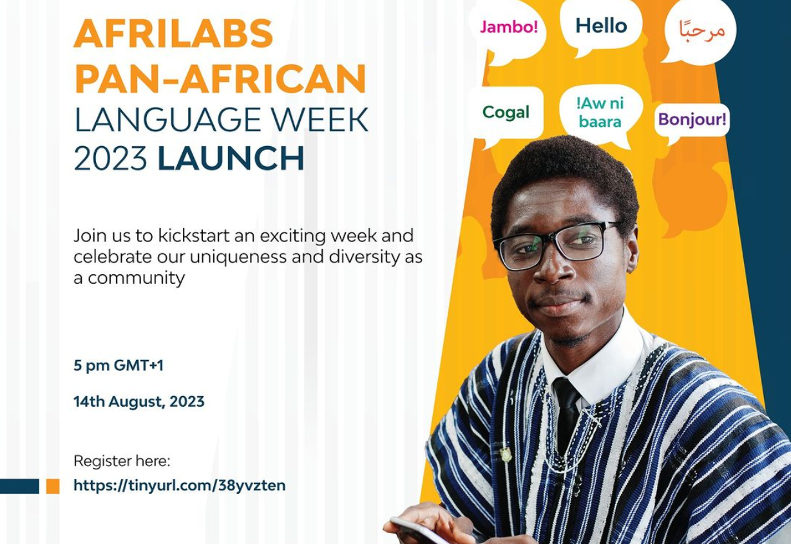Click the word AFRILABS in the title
[x=173, y=33]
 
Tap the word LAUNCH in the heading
[x=231, y=159]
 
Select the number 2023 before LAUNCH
[x=111, y=159]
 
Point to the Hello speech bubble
[x=600, y=26]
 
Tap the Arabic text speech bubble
[x=701, y=30]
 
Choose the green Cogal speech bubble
[x=506, y=113]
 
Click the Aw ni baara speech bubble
[x=600, y=112]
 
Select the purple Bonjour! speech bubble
[x=692, y=119]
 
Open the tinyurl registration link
[x=179, y=485]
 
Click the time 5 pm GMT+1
[x=119, y=366]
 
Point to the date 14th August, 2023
[x=138, y=402]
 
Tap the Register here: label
[x=122, y=461]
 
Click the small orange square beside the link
[x=53, y=486]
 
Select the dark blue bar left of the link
[x=19, y=486]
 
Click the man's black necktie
[x=567, y=412]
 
